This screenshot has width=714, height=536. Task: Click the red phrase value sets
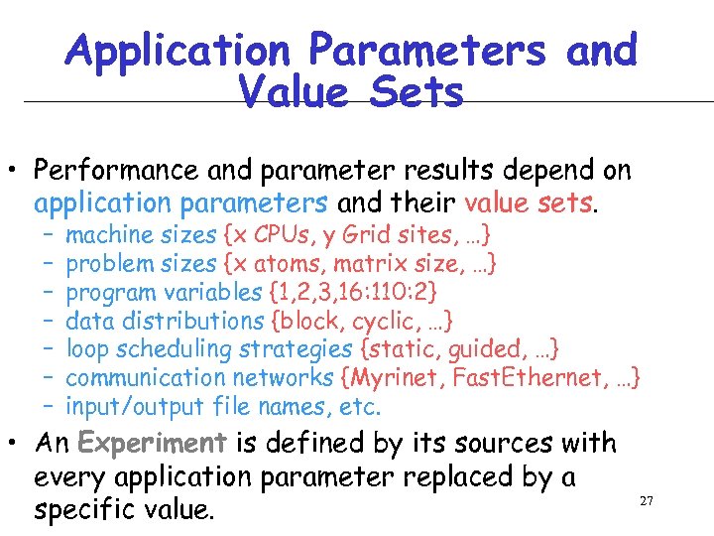pos(530,203)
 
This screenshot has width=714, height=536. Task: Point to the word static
pos(402,349)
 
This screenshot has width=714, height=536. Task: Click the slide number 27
pos(646,501)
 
